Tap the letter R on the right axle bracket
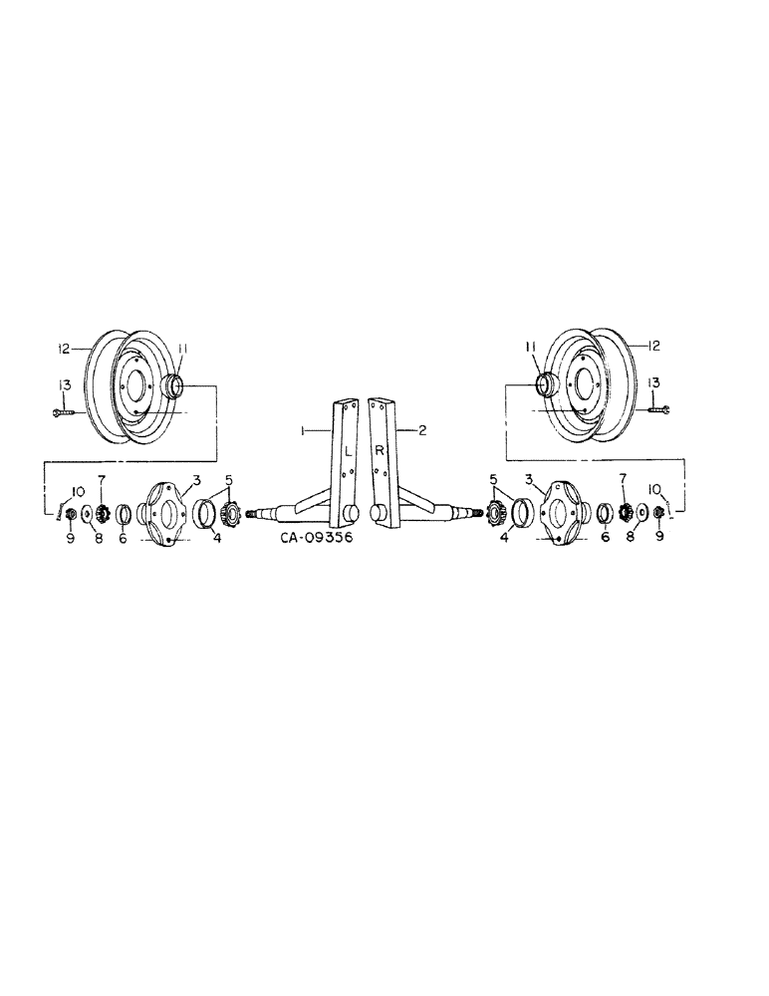(380, 450)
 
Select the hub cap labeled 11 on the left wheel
(172, 385)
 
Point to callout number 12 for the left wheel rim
(63, 350)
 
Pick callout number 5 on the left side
(231, 479)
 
